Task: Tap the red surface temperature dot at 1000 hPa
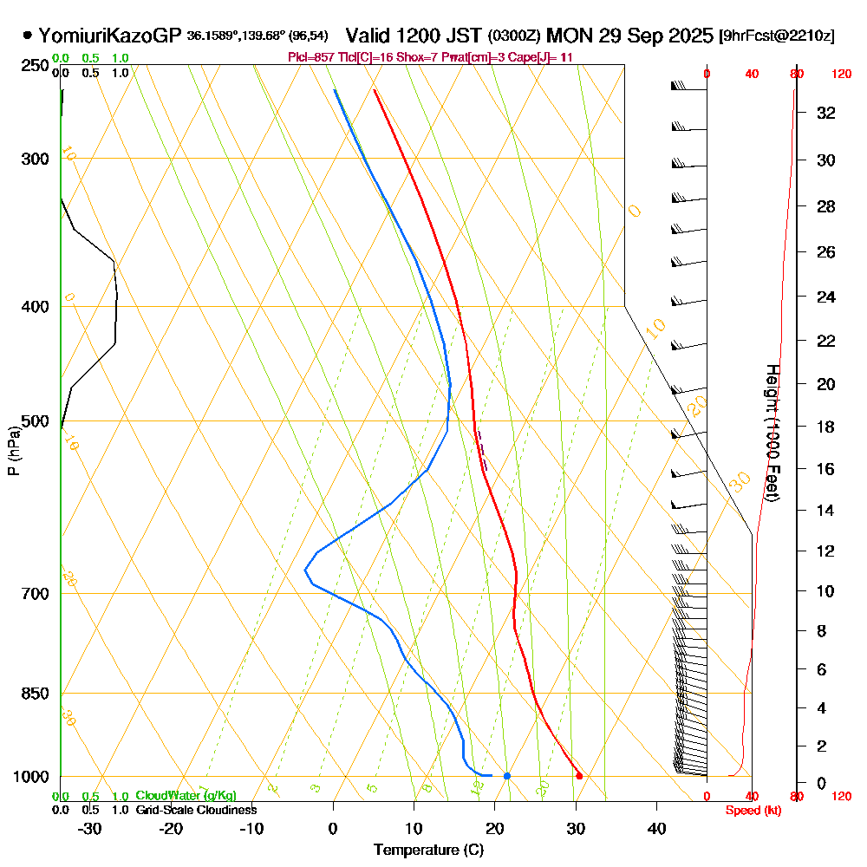point(579,775)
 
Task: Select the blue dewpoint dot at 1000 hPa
point(507,775)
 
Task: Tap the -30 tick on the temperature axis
point(89,829)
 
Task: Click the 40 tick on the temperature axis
point(656,829)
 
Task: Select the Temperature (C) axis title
point(428,851)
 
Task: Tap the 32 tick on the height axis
point(826,113)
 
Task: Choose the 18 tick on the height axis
point(826,427)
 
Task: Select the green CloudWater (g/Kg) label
point(186,796)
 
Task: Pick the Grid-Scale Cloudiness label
point(195,810)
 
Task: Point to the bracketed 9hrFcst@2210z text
point(777,36)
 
